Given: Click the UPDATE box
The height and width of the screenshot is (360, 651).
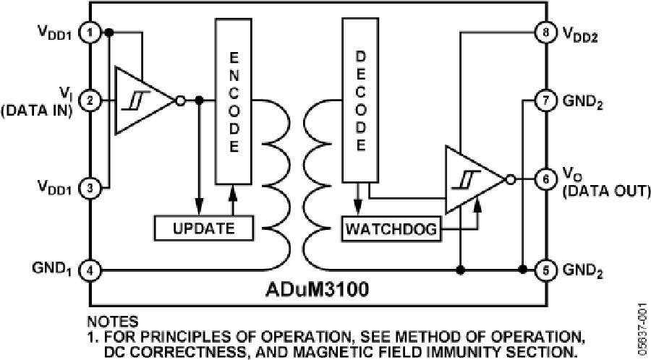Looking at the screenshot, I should click(203, 228).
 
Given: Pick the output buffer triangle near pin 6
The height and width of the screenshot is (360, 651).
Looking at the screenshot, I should click(474, 179).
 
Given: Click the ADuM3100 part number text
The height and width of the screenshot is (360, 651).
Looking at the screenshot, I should click(317, 292).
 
